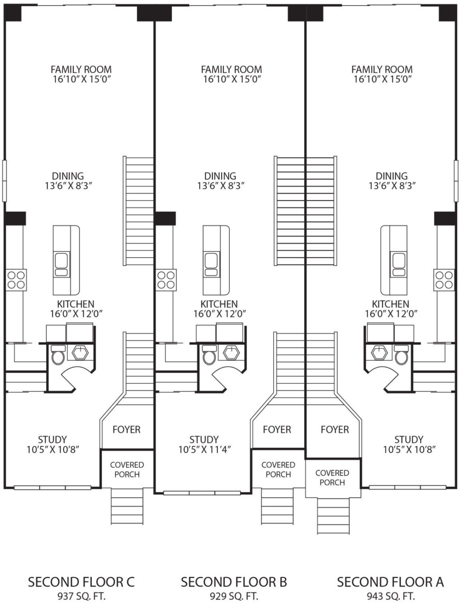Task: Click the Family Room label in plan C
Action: point(81,69)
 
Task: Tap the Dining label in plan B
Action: point(220,176)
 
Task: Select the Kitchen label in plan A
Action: point(390,304)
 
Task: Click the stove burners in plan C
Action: point(16,280)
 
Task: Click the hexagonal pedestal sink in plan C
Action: point(81,352)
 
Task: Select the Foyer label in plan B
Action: point(277,430)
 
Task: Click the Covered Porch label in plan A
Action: point(332,478)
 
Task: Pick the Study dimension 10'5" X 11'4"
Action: point(205,450)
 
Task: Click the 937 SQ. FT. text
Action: point(81,596)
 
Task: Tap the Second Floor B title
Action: point(234,582)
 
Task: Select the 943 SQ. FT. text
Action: point(390,596)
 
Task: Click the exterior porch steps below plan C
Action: point(126,507)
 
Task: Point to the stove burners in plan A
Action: point(444,280)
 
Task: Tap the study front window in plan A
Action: point(407,487)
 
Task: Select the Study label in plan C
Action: point(52,440)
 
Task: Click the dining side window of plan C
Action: point(4,180)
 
